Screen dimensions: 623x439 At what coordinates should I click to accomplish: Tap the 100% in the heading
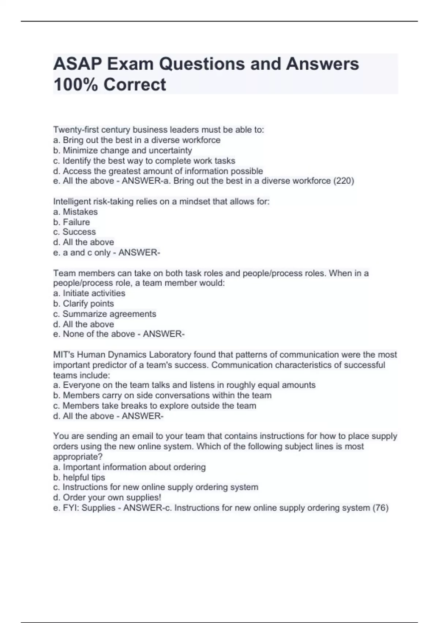(75, 85)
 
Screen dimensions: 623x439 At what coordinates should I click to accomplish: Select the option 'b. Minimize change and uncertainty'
(123, 151)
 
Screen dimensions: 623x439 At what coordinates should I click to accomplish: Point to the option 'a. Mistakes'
(75, 212)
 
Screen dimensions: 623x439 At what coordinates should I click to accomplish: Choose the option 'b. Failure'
(71, 222)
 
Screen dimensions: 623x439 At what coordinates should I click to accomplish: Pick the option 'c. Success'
(74, 232)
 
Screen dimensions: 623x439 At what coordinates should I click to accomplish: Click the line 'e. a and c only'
(82, 252)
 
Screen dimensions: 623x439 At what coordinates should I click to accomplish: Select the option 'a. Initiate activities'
(89, 293)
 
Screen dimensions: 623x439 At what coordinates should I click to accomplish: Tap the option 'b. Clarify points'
(83, 304)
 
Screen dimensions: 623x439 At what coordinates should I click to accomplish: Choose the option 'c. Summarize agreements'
(105, 314)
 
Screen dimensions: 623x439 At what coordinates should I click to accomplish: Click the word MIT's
(63, 355)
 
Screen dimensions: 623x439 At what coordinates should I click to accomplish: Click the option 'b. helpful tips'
(79, 478)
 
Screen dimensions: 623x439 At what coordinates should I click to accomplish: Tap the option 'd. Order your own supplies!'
(107, 498)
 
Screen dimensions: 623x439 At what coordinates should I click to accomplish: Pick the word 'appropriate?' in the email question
(78, 457)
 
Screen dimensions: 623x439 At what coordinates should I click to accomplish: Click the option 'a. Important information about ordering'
(130, 467)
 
